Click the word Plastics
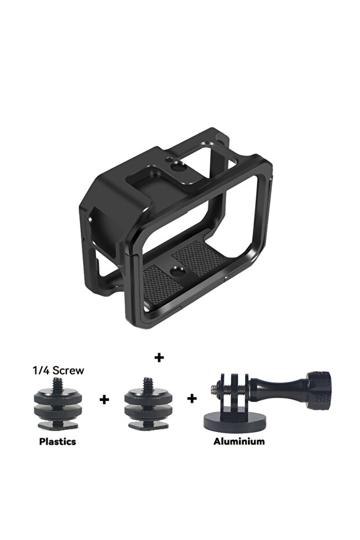57,441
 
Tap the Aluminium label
239,441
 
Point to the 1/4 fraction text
39,370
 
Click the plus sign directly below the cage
159,357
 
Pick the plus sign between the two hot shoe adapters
104,400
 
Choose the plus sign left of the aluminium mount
192,399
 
